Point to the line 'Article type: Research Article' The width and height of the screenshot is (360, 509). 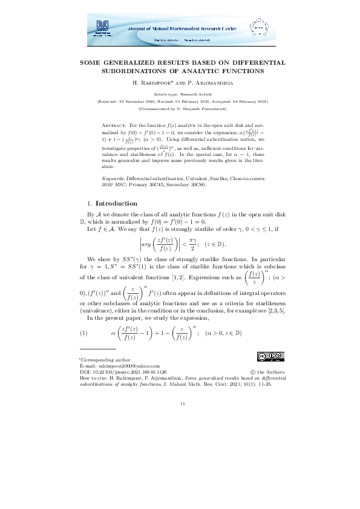click(180, 95)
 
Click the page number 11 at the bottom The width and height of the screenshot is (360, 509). click(180, 403)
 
